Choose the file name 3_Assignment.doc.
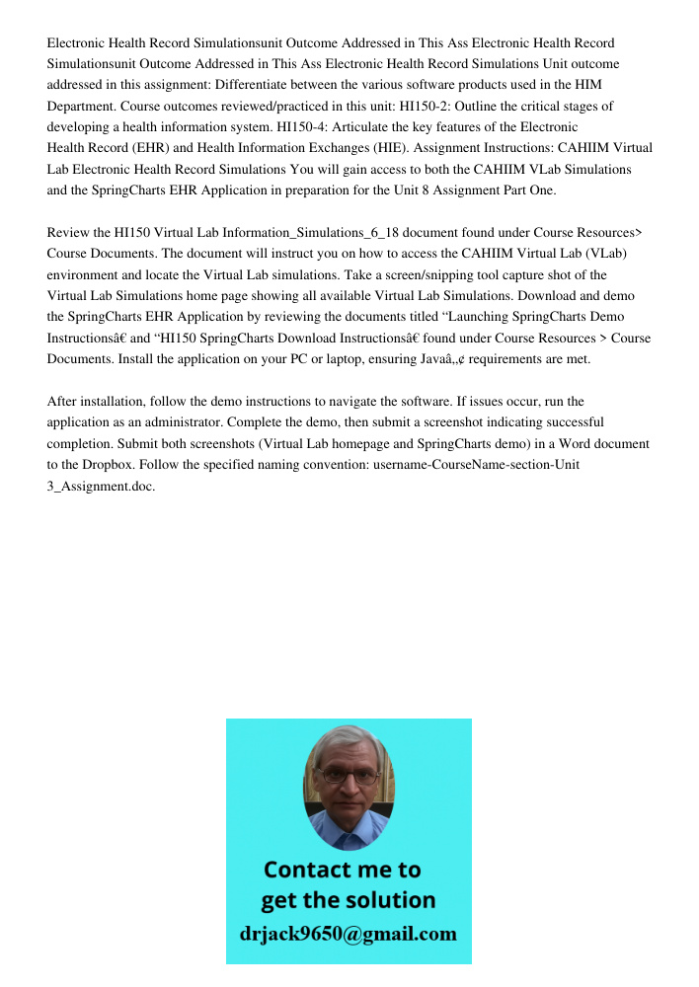pos(101,487)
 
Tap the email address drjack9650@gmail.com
pos(349,934)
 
